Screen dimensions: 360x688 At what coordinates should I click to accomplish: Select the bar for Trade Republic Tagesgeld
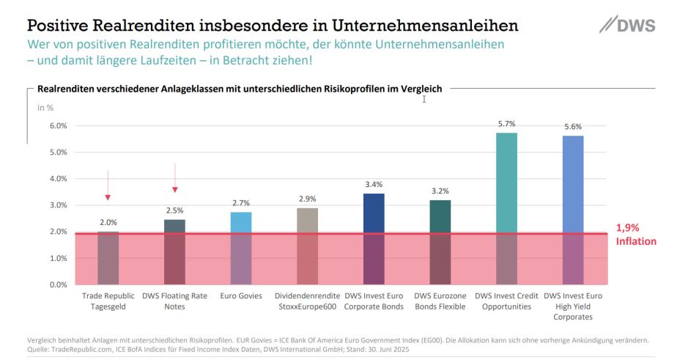coord(108,257)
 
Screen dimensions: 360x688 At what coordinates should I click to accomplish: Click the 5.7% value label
coord(506,124)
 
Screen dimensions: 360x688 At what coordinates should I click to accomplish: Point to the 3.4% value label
coord(374,184)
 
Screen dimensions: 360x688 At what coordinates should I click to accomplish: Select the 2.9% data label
coord(307,199)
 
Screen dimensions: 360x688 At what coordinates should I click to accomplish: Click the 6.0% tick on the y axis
coord(58,126)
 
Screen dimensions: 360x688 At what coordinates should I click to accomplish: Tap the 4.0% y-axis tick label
coord(58,179)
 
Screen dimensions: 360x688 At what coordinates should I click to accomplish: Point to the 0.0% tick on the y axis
coord(58,284)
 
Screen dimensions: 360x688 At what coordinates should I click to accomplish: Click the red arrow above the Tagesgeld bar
coord(108,185)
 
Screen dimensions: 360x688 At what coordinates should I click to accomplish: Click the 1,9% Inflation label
coord(635,235)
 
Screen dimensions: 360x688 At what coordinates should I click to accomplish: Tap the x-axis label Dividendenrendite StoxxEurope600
coord(307,301)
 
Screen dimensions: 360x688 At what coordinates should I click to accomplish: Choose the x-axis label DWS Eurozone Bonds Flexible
coord(440,301)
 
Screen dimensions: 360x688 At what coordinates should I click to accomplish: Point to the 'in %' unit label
coord(45,108)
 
